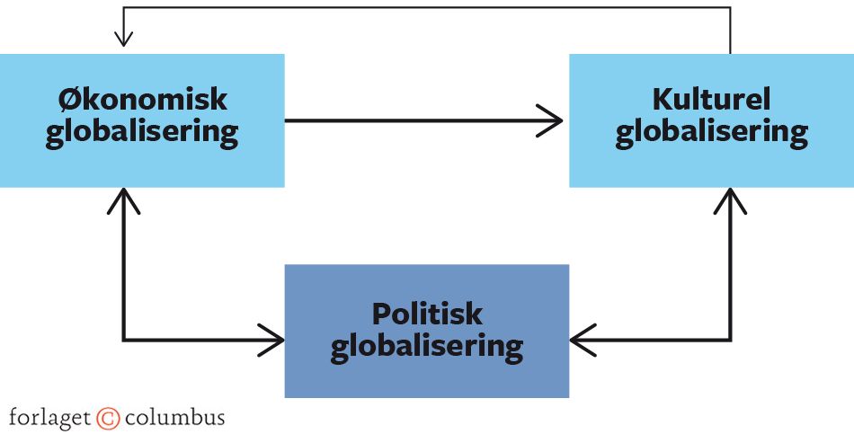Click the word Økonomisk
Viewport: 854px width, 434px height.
click(x=142, y=98)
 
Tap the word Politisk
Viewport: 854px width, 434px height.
click(x=427, y=314)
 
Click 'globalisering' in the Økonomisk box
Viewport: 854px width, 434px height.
click(x=142, y=132)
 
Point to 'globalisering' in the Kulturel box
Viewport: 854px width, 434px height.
click(x=711, y=132)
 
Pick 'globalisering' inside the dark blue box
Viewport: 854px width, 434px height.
click(x=427, y=346)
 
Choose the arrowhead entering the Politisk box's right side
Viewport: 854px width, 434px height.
click(x=583, y=340)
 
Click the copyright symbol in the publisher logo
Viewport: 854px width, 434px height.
click(x=108, y=418)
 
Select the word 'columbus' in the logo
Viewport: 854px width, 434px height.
click(x=174, y=418)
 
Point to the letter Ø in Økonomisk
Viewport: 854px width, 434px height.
click(x=67, y=98)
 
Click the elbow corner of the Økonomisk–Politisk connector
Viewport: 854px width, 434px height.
click(x=123, y=340)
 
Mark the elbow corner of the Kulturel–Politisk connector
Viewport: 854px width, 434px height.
click(x=730, y=340)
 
